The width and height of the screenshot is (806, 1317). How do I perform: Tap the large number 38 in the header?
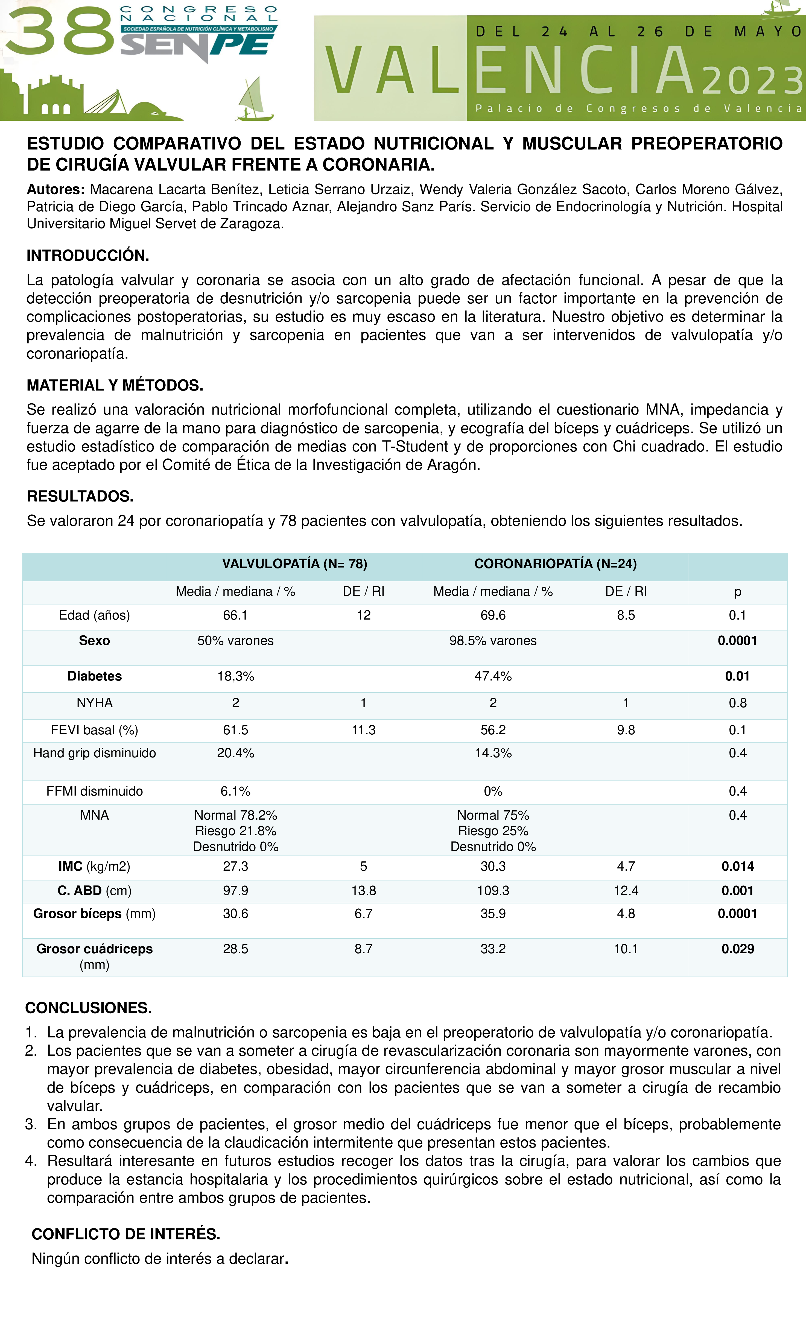(x=60, y=32)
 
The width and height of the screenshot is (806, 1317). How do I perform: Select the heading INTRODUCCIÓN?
(x=88, y=256)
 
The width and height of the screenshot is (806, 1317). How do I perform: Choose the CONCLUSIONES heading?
(x=88, y=1008)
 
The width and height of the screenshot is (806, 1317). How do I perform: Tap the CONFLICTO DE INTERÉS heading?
(x=126, y=1234)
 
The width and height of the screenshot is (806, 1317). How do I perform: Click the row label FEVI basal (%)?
(x=95, y=730)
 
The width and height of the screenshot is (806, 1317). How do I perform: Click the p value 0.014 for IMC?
(x=738, y=866)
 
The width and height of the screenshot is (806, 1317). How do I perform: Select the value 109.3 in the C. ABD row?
(x=493, y=890)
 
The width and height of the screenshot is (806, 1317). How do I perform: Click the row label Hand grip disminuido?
(x=95, y=753)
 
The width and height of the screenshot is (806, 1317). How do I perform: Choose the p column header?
(x=738, y=592)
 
